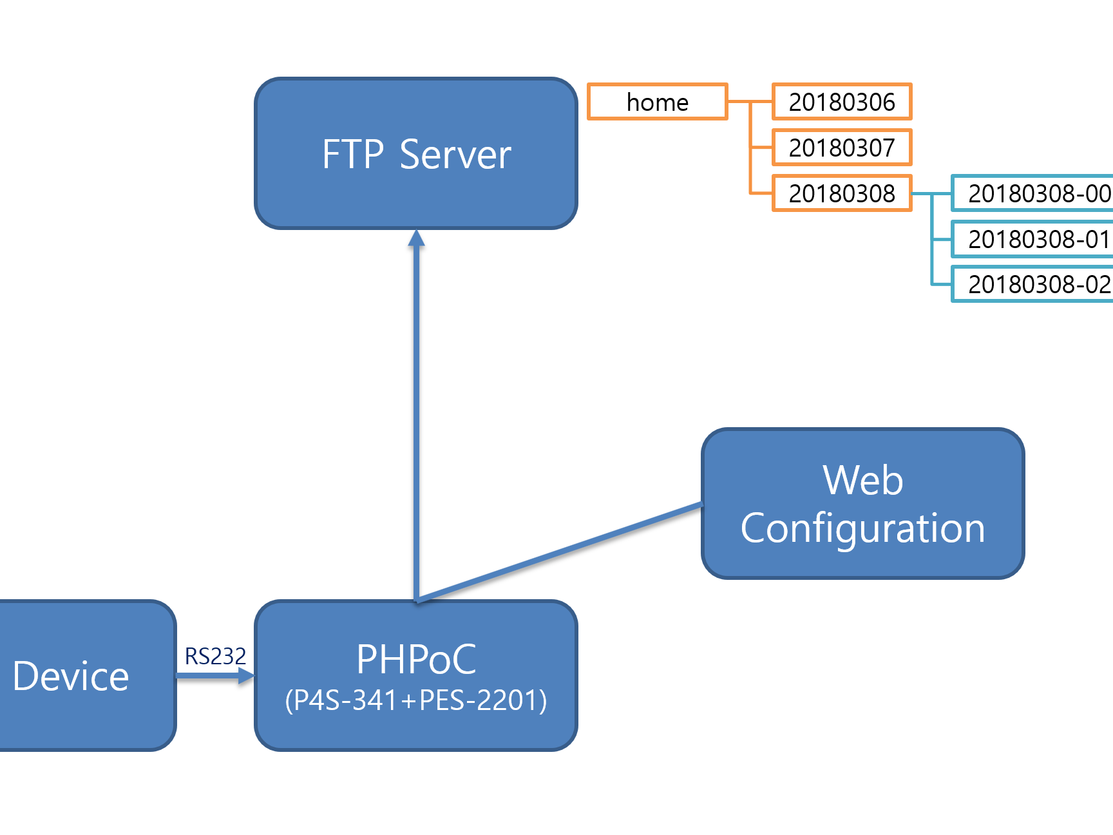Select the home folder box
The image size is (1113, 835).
click(x=658, y=102)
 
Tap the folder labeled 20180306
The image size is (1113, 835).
click(x=842, y=102)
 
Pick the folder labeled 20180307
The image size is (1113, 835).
click(x=842, y=148)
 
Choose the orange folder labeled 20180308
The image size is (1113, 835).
click(x=842, y=193)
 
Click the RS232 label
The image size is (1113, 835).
click(x=215, y=657)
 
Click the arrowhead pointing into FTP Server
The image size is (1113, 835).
click(x=417, y=238)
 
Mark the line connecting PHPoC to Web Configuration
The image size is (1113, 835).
click(x=560, y=552)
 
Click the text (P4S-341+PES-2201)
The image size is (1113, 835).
click(x=416, y=700)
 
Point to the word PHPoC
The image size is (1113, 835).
click(x=416, y=659)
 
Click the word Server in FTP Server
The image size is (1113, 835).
click(x=455, y=155)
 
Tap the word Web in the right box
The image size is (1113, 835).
click(x=862, y=481)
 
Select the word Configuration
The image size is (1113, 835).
click(x=862, y=528)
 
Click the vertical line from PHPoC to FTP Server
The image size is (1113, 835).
click(x=417, y=419)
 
